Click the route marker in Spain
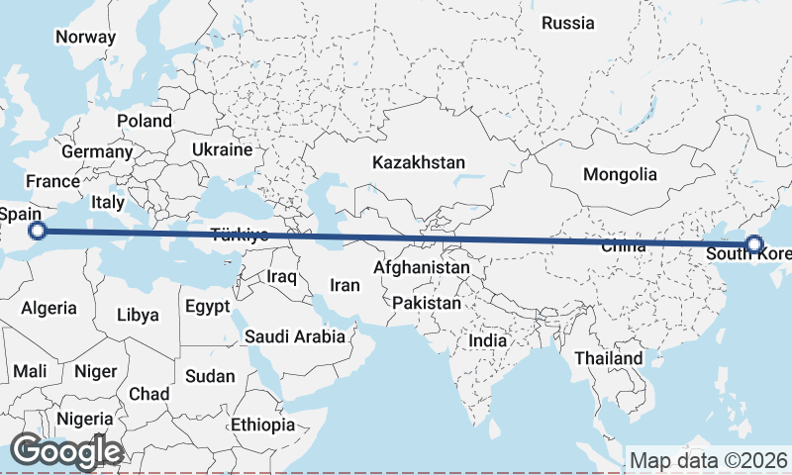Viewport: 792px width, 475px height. [x=38, y=232]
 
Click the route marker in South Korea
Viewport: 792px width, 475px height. [x=754, y=244]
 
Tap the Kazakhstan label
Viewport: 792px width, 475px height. [x=419, y=162]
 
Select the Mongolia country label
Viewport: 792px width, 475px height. [x=620, y=175]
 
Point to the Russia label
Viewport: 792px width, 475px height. [x=569, y=23]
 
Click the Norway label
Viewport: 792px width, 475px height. [x=85, y=38]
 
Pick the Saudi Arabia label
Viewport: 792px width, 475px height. [x=296, y=336]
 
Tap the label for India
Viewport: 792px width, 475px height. [x=487, y=340]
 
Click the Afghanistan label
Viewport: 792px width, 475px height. [x=422, y=268]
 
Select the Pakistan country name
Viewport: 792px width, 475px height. [x=427, y=303]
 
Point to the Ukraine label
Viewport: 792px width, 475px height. [x=223, y=150]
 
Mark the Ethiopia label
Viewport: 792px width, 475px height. [x=263, y=425]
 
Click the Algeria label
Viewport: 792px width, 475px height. [x=49, y=308]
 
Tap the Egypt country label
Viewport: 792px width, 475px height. [x=208, y=306]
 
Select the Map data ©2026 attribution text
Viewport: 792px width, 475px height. [x=708, y=460]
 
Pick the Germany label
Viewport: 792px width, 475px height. [x=97, y=153]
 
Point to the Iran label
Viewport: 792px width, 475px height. [x=345, y=285]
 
